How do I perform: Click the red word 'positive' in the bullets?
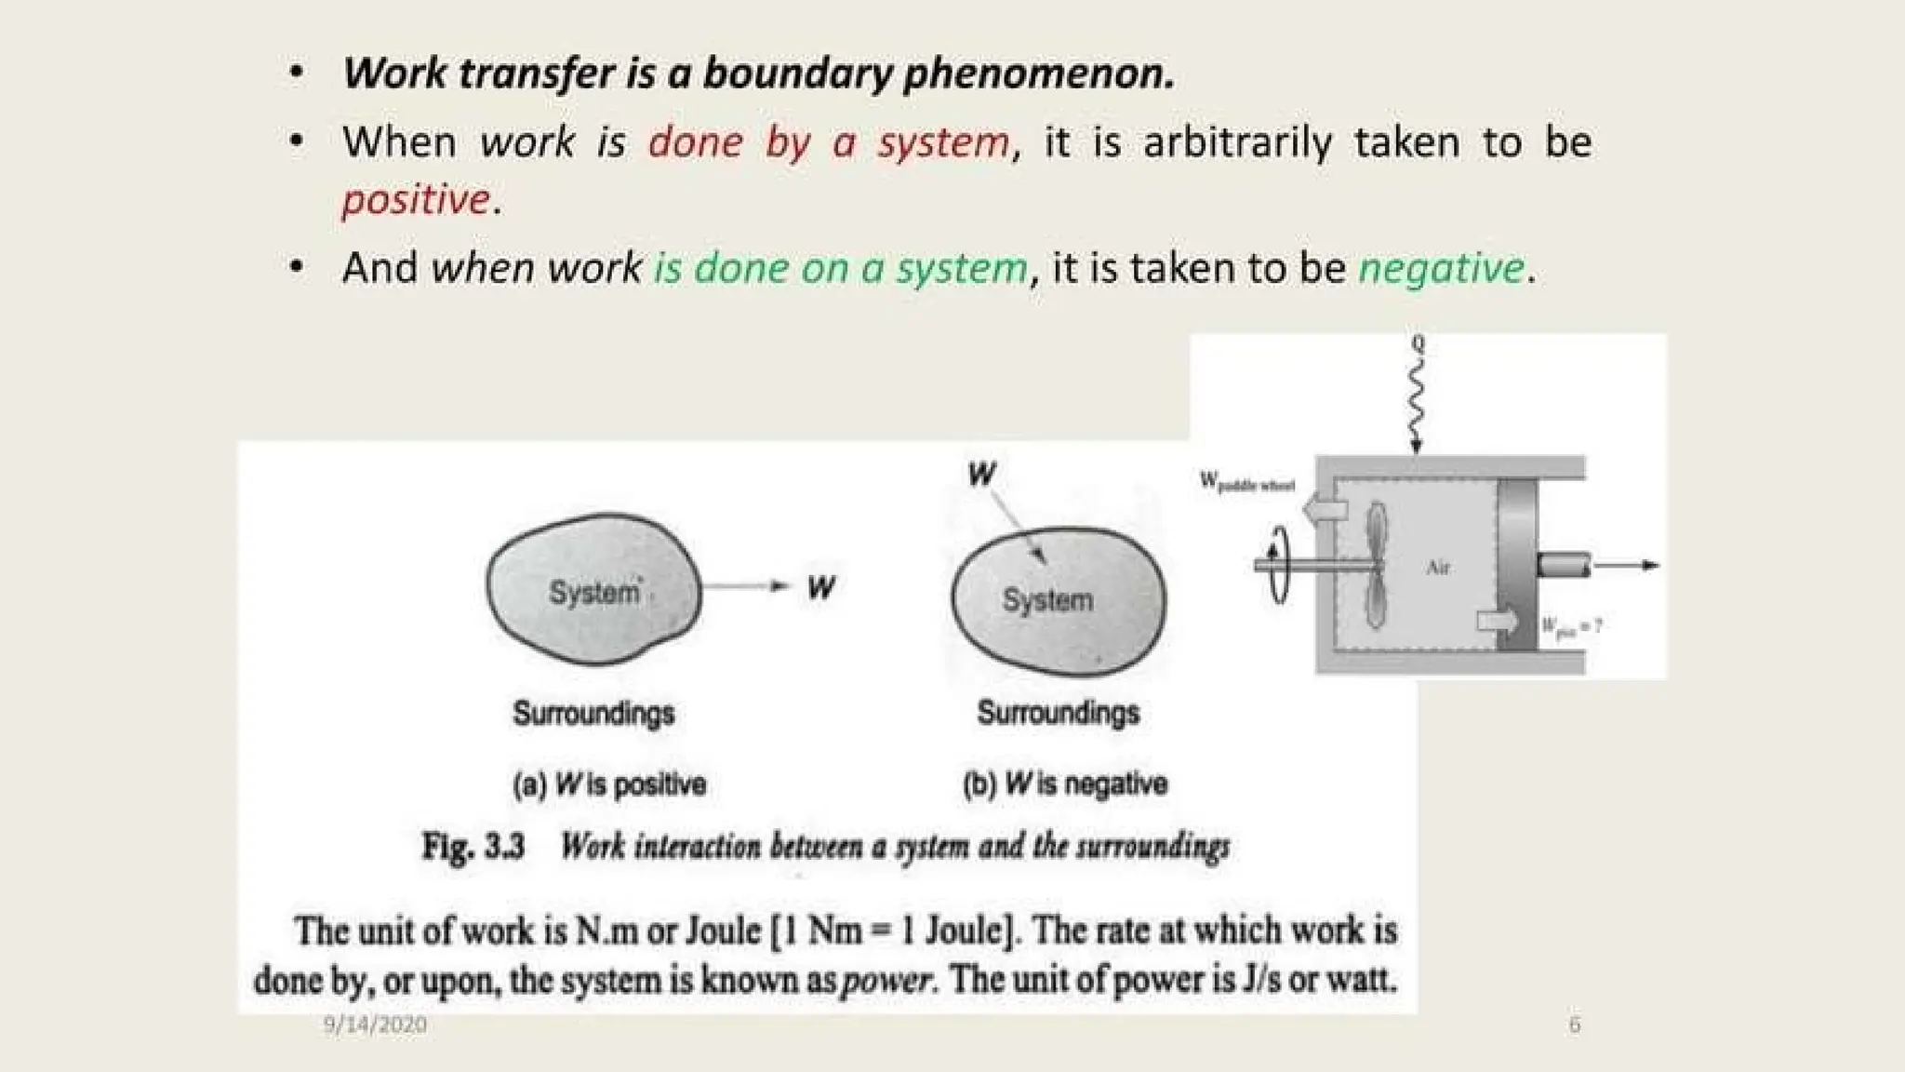pos(416,200)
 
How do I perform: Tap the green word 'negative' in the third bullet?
pos(1441,269)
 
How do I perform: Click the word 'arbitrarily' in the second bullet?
pos(1237,142)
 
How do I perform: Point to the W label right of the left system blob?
pos(821,587)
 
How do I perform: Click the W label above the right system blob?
pos(981,475)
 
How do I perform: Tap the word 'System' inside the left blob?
pos(594,592)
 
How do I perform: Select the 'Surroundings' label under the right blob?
pos(1058,713)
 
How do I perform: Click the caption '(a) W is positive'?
pos(609,784)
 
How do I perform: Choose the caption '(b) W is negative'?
pos(1065,784)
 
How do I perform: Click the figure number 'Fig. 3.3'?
pos(473,847)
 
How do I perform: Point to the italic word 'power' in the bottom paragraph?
pos(886,981)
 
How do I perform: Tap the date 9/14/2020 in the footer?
pos(375,1025)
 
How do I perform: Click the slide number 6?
pos(1574,1025)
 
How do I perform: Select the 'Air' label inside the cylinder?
pos(1438,568)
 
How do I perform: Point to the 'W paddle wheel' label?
pos(1246,482)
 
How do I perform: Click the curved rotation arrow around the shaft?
pos(1279,564)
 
